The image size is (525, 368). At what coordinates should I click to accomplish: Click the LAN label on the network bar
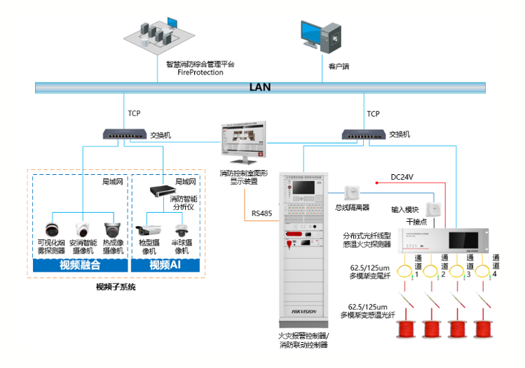coord(260,88)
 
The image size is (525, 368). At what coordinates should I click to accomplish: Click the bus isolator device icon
coord(351,193)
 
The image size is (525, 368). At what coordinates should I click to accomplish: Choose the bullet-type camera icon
coord(148,231)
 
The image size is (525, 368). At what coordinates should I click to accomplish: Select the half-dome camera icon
coord(182,230)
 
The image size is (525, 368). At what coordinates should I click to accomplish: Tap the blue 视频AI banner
coord(166,265)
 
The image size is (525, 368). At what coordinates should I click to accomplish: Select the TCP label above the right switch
coord(373,113)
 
